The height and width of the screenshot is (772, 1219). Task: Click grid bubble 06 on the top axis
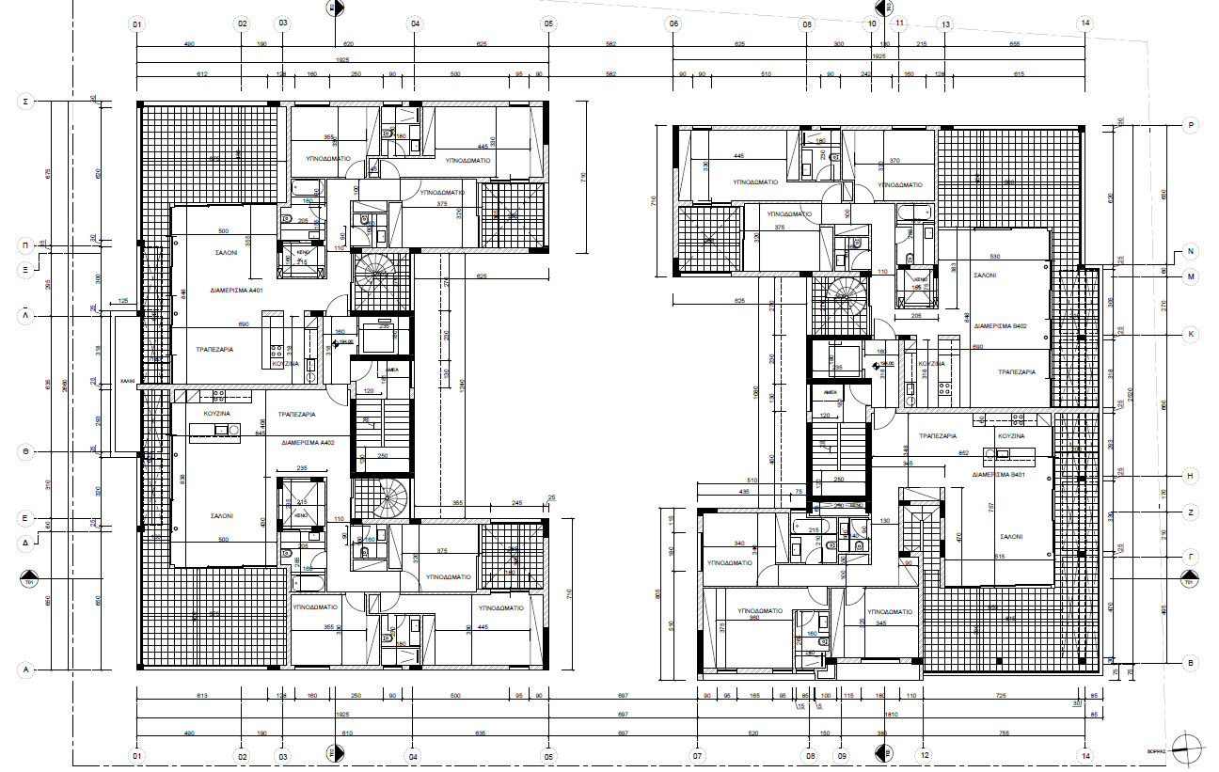pos(673,24)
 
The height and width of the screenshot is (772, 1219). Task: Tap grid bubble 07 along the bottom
pos(697,755)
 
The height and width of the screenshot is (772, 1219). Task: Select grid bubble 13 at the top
pos(945,24)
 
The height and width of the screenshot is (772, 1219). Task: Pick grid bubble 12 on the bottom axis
pos(925,755)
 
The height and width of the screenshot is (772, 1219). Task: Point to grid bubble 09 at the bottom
pos(842,755)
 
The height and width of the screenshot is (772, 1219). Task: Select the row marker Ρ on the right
pos(1190,125)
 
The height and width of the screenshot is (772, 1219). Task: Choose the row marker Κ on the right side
pos(1190,334)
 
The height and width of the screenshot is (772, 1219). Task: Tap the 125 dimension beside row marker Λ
pos(122,301)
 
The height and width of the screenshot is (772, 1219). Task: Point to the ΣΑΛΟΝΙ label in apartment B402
pos(984,276)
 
